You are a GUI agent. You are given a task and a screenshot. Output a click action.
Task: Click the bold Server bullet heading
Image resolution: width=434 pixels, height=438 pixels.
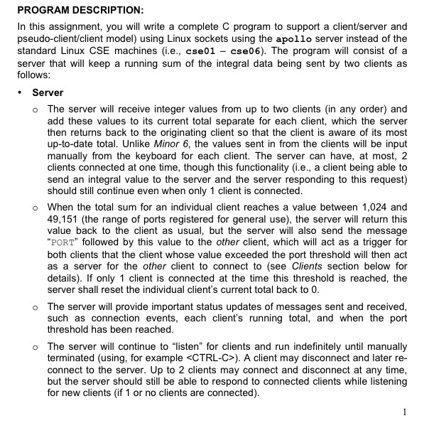48,93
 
